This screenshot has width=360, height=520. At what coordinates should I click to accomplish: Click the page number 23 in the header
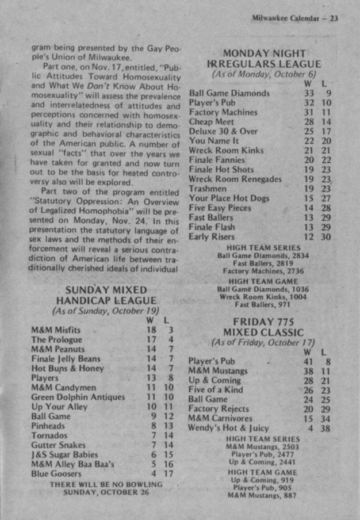click(x=334, y=18)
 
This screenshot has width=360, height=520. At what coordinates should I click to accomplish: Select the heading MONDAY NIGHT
click(x=264, y=53)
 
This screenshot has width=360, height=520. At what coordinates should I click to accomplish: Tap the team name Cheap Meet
click(x=212, y=122)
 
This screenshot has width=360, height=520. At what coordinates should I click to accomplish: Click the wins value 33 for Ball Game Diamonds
click(x=309, y=93)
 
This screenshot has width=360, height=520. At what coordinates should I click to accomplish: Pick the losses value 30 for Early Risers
click(x=325, y=237)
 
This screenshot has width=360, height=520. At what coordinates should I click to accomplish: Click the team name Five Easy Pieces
click(x=220, y=208)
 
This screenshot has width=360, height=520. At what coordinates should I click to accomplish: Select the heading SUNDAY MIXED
click(x=106, y=290)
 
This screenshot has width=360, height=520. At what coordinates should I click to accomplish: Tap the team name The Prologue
click(x=58, y=339)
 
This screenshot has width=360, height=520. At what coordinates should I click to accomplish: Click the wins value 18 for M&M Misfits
click(x=151, y=330)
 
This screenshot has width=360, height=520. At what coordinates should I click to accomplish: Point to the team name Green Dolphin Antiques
click(x=78, y=397)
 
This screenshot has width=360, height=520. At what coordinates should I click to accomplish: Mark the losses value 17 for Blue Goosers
click(x=168, y=474)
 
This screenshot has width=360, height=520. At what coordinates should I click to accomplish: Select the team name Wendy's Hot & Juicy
click(x=228, y=428)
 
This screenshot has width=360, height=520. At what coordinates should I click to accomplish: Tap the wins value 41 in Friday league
click(x=308, y=361)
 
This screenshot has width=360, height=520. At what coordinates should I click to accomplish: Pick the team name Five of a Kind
click(x=215, y=389)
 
